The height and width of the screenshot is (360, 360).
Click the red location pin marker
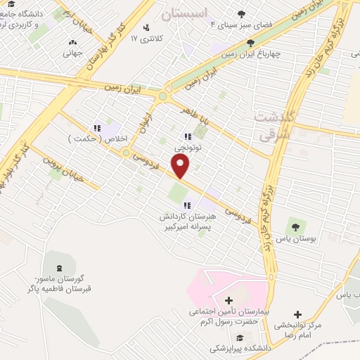(181, 167)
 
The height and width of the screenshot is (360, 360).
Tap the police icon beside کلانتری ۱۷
(146, 27)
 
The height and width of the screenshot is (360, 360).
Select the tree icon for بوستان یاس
(295, 226)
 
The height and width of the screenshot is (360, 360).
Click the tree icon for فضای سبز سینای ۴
(242, 13)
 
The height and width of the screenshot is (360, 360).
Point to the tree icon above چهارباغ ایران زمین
(250, 43)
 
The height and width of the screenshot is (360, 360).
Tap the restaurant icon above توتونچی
(188, 136)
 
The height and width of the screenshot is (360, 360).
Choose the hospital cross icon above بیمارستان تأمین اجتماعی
(229, 300)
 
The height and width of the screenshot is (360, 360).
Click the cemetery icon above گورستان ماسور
(58, 267)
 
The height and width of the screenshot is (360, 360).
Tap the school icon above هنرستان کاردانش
(186, 205)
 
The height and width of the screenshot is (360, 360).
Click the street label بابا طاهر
(194, 116)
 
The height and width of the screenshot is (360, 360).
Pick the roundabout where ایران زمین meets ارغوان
(162, 96)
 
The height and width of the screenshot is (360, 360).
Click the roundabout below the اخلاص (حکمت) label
(126, 153)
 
